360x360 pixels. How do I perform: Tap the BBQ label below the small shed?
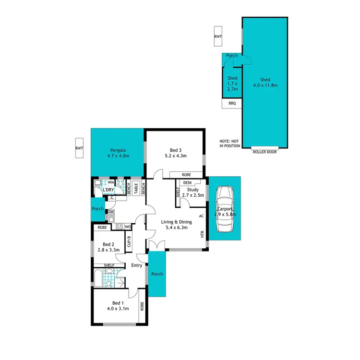tap(232, 103)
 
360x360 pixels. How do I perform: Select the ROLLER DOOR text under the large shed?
tap(265, 151)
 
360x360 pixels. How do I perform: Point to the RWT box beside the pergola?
tap(79, 148)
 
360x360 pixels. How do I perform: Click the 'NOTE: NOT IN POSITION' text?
tap(229, 143)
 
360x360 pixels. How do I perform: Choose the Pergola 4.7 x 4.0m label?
tap(118, 152)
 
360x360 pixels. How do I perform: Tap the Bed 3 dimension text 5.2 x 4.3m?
tap(175, 156)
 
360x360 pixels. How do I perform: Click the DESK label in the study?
tap(187, 183)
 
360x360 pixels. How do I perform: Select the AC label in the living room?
tap(202, 216)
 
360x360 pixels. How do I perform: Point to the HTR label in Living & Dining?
tap(202, 235)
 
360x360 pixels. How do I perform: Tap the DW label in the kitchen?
tap(111, 212)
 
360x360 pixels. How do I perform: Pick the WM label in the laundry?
tap(110, 182)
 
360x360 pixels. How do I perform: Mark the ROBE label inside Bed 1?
tap(142, 306)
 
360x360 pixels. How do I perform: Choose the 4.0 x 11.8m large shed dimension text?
tap(265, 85)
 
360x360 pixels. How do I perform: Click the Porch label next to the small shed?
tap(232, 56)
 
